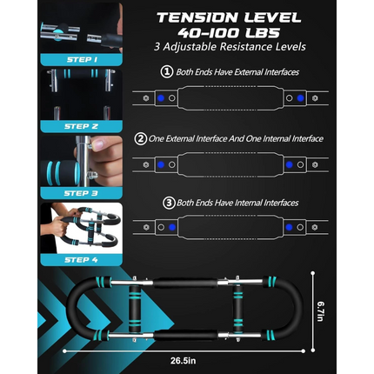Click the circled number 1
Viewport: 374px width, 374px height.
point(167,73)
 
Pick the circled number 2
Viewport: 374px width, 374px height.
point(140,138)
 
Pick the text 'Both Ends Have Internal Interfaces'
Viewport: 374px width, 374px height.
point(235,204)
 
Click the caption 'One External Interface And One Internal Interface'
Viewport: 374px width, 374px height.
point(235,138)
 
